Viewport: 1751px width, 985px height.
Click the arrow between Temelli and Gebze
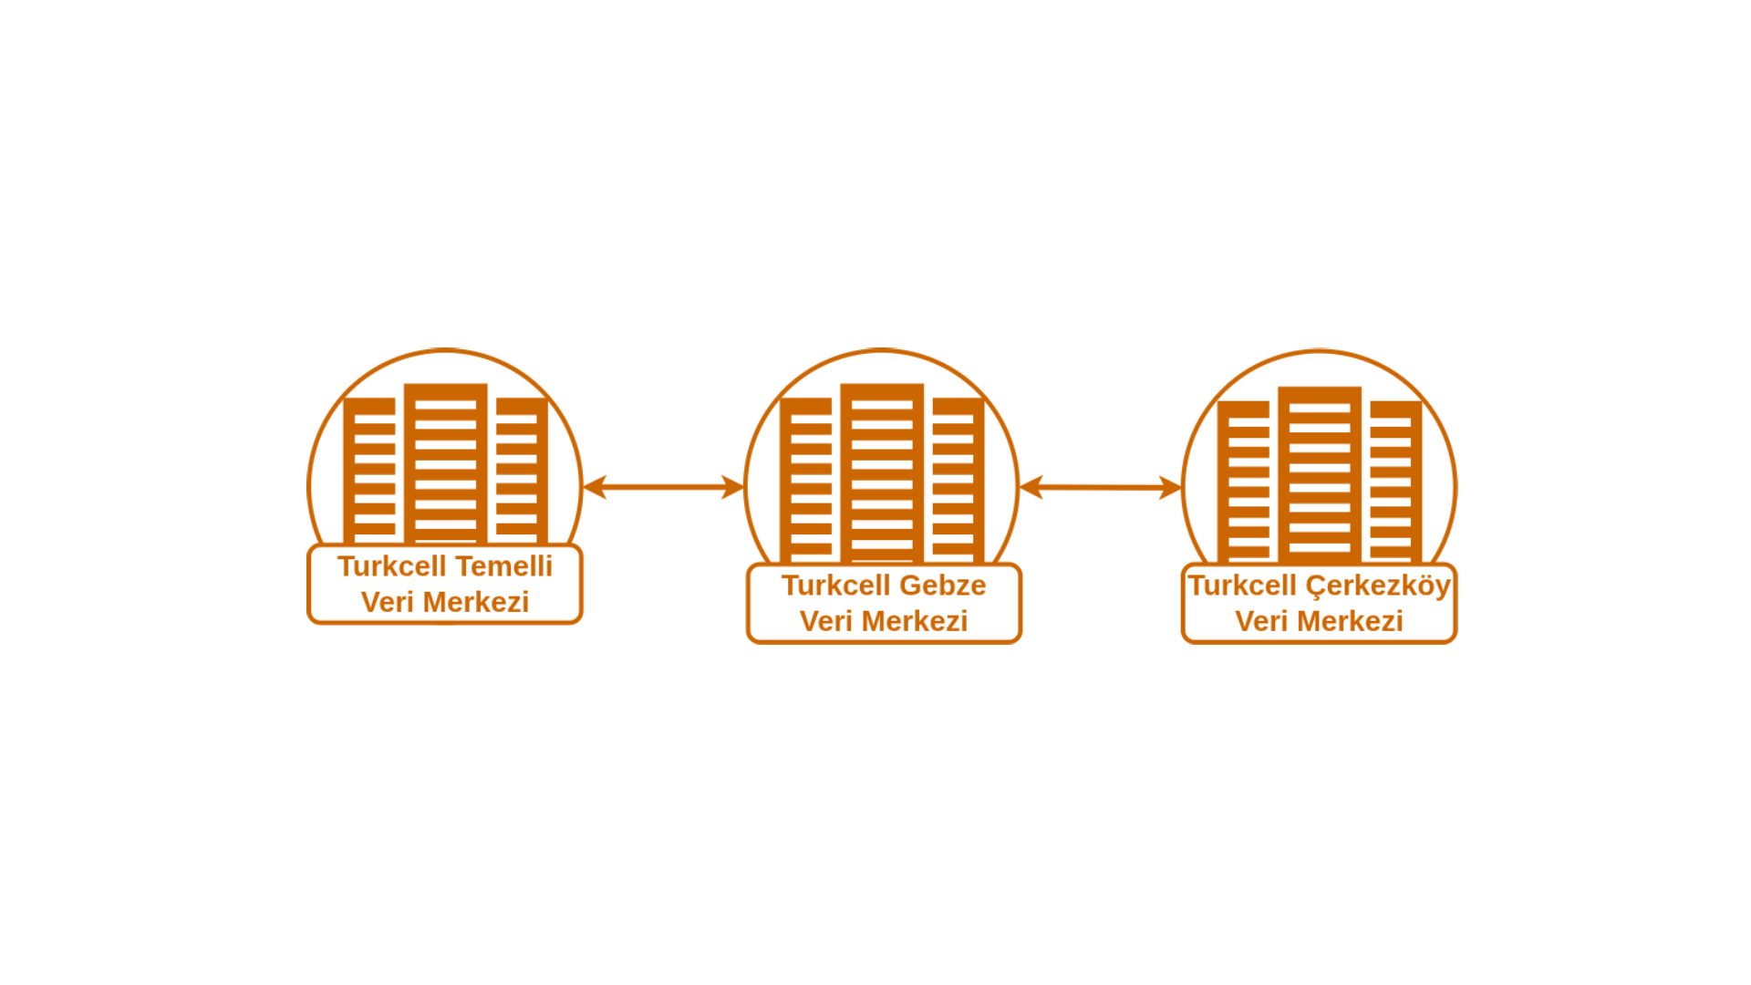click(664, 487)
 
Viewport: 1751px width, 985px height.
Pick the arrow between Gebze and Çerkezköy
click(1101, 487)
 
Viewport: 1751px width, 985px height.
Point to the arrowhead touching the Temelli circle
click(595, 487)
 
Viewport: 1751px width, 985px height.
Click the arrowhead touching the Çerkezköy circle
click(1171, 487)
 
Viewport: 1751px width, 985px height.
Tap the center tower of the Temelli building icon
click(445, 464)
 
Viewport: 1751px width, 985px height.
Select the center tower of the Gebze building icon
click(882, 473)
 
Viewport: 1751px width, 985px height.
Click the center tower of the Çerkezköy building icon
click(1320, 475)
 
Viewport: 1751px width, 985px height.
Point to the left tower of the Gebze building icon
click(806, 481)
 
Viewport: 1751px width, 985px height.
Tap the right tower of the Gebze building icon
click(958, 481)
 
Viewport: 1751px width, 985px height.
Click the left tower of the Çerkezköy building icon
click(1244, 482)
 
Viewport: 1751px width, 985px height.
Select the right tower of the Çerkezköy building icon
click(1396, 482)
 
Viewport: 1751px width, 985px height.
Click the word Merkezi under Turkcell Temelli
click(476, 603)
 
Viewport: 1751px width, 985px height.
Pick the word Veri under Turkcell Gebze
click(827, 622)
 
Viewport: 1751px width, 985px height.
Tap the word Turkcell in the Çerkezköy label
click(1242, 586)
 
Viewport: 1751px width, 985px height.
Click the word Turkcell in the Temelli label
click(392, 566)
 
